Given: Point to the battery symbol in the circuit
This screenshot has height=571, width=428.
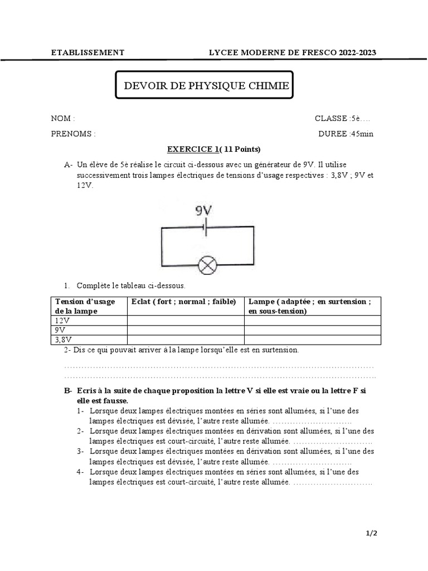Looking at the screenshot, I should pos(206,228).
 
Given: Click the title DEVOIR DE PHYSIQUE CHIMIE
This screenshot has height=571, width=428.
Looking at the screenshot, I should pos(206,86).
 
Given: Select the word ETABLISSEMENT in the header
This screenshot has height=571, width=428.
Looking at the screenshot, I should pos(87,52).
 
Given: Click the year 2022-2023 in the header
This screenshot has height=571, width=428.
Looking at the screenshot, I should pos(356,52).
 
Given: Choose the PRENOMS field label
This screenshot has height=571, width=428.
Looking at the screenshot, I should pos(73,134).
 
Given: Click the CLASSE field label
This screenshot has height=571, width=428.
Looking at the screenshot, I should pos(331,118).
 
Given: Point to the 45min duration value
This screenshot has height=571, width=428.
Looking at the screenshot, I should pos(362,134).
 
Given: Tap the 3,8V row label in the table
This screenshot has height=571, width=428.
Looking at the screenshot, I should pos(64,339).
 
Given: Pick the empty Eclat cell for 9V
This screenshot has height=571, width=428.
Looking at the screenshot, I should pos(186,330).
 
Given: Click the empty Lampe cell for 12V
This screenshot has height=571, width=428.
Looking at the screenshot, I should pos(312,320).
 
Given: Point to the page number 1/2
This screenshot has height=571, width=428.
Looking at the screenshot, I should pos(371,534).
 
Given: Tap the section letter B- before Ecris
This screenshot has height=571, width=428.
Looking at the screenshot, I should pos(69,392).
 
